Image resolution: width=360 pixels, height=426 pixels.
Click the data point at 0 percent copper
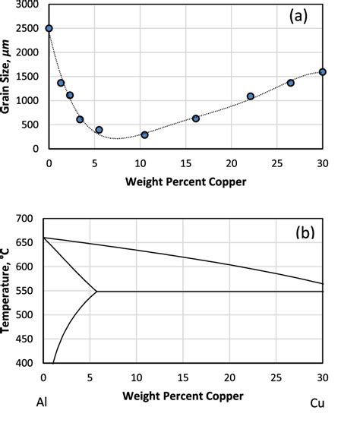point(49,28)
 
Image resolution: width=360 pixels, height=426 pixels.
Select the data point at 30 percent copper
point(323,72)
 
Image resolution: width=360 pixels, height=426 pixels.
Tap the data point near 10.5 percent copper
point(144,135)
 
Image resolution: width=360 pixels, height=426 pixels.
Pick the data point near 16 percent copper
point(195,118)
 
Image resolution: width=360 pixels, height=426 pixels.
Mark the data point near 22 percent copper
point(251,96)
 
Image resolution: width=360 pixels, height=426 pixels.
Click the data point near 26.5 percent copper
point(290,83)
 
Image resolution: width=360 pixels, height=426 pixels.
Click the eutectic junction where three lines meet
point(96,291)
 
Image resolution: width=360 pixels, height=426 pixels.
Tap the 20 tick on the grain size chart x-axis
point(232,163)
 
